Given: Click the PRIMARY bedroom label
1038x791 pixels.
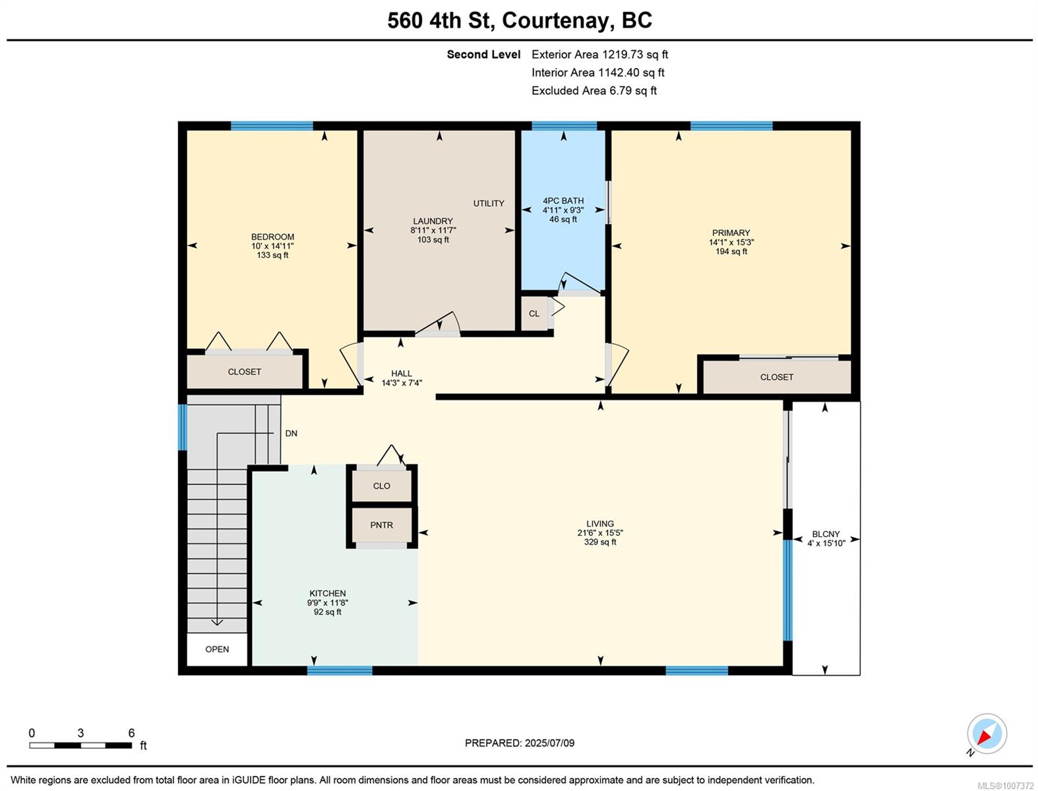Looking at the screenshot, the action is tap(731, 233).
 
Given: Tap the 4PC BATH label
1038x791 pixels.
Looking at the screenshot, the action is tap(563, 201).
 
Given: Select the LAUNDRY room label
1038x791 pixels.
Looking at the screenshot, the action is tap(433, 221).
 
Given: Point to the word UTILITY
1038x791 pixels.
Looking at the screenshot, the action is tap(489, 204).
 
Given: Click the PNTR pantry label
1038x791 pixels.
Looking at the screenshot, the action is tap(381, 525).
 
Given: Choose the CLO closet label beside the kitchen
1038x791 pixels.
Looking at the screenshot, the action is tap(381, 486).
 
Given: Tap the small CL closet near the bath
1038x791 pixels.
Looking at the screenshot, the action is tap(534, 314).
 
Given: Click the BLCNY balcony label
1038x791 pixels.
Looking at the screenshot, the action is tap(826, 535).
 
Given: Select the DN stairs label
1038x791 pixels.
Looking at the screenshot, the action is tap(291, 433).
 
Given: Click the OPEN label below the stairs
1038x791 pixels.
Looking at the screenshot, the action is tap(217, 649).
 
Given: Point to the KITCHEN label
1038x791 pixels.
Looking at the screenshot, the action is tap(327, 593).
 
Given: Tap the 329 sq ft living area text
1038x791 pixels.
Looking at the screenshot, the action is tap(600, 542).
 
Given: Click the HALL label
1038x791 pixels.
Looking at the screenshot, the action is tap(401, 374).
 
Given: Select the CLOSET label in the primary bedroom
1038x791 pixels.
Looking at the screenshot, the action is tap(776, 377).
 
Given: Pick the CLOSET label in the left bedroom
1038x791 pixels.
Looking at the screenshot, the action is tap(244, 372).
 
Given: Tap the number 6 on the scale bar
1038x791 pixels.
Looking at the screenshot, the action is tap(131, 733).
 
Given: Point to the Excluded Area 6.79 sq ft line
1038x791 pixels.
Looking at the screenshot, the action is tap(594, 91).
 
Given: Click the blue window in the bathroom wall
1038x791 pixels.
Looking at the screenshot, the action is tap(564, 126).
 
